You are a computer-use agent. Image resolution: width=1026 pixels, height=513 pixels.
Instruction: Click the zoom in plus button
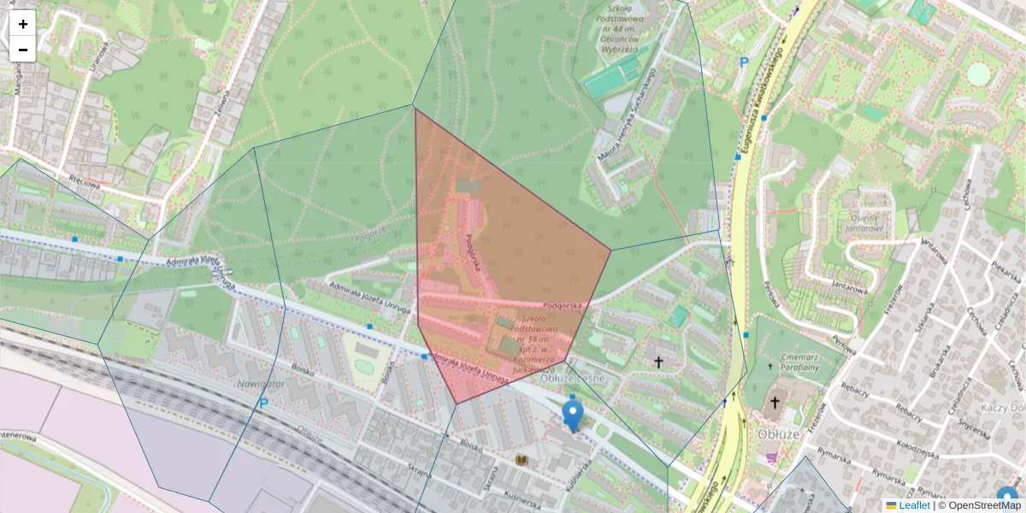point(23,23)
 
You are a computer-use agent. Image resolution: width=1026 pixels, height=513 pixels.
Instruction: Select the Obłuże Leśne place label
point(571,377)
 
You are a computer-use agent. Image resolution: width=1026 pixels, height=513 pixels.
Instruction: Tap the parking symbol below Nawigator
point(264,404)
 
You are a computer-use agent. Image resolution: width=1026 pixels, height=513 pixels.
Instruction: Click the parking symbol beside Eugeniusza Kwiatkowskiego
point(744,62)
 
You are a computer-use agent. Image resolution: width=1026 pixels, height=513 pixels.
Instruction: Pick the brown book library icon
point(522,460)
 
